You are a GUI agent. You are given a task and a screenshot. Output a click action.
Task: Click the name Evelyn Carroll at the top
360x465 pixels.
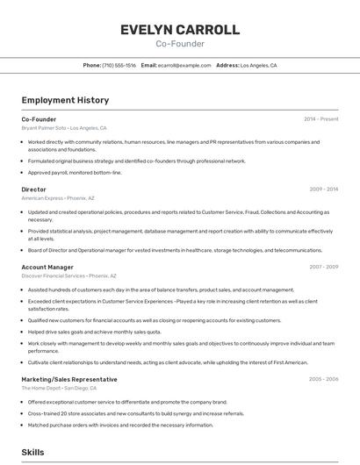(180, 30)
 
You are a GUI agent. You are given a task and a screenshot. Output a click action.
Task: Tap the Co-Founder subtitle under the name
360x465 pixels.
(180, 43)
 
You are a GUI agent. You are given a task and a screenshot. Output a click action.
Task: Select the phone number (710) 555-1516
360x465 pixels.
(119, 65)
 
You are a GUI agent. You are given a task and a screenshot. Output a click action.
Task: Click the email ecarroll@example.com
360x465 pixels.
(184, 65)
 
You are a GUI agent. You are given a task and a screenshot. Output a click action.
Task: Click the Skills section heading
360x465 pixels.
(33, 452)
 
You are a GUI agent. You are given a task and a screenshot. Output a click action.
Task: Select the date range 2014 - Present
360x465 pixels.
(320, 118)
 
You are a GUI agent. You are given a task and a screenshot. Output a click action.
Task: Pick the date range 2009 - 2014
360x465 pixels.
(323, 189)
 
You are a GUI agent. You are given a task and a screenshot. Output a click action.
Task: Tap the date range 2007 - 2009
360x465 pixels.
(323, 267)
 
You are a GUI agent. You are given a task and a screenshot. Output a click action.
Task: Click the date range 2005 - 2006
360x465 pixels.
(323, 379)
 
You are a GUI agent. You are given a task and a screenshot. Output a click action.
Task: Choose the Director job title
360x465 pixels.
(33, 189)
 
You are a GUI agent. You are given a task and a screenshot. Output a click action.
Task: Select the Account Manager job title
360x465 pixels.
(47, 267)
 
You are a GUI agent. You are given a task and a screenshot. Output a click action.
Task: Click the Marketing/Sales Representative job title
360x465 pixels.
(69, 379)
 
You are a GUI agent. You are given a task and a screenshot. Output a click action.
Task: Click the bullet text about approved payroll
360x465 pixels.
(75, 172)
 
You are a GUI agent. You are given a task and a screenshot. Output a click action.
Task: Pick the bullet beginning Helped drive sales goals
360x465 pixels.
(94, 332)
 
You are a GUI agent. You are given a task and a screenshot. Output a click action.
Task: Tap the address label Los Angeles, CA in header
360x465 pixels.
(258, 65)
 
